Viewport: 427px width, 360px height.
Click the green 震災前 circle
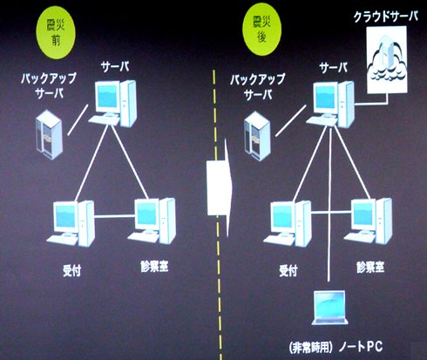(x=56, y=34)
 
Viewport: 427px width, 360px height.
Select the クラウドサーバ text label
(x=385, y=17)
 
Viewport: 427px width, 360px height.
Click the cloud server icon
(x=387, y=59)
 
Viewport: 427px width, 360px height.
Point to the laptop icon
(x=329, y=308)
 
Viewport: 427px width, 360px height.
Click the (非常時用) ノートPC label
(x=335, y=347)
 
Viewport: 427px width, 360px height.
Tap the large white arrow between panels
(x=220, y=188)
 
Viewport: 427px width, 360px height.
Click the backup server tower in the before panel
(x=49, y=134)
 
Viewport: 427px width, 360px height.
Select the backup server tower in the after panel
(x=257, y=136)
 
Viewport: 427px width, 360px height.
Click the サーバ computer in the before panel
(x=112, y=103)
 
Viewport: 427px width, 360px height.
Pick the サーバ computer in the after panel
(x=330, y=105)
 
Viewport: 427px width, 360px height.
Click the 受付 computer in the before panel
(x=71, y=223)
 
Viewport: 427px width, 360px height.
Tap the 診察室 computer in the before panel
(x=152, y=221)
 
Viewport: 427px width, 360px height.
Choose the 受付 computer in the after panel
(x=288, y=223)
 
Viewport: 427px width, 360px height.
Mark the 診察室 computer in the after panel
(x=368, y=221)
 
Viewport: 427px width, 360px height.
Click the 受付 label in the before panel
(x=71, y=270)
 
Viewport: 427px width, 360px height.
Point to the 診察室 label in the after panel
(x=370, y=267)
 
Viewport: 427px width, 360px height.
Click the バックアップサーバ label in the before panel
(x=49, y=85)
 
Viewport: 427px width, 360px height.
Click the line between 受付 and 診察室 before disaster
(x=115, y=216)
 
